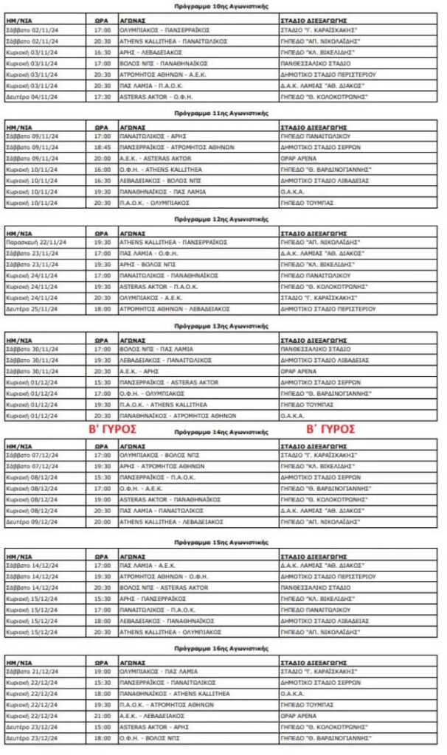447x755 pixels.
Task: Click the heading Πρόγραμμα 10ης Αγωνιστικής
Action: [221, 7]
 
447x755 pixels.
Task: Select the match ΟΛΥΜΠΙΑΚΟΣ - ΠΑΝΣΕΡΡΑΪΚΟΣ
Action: [164, 30]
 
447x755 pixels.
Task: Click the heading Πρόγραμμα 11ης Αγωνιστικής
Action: [221, 114]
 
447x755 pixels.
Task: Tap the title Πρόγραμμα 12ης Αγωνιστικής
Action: [221, 219]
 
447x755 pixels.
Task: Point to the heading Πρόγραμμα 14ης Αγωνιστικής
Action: [221, 431]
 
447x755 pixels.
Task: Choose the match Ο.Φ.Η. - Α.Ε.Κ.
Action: [139, 488]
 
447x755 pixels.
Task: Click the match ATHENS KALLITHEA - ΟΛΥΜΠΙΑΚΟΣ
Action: [170, 631]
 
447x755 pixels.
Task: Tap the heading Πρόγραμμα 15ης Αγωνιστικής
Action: [221, 542]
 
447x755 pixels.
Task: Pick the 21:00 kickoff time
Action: [103, 715]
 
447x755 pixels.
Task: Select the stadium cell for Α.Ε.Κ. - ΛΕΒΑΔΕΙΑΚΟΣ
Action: [302, 715]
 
